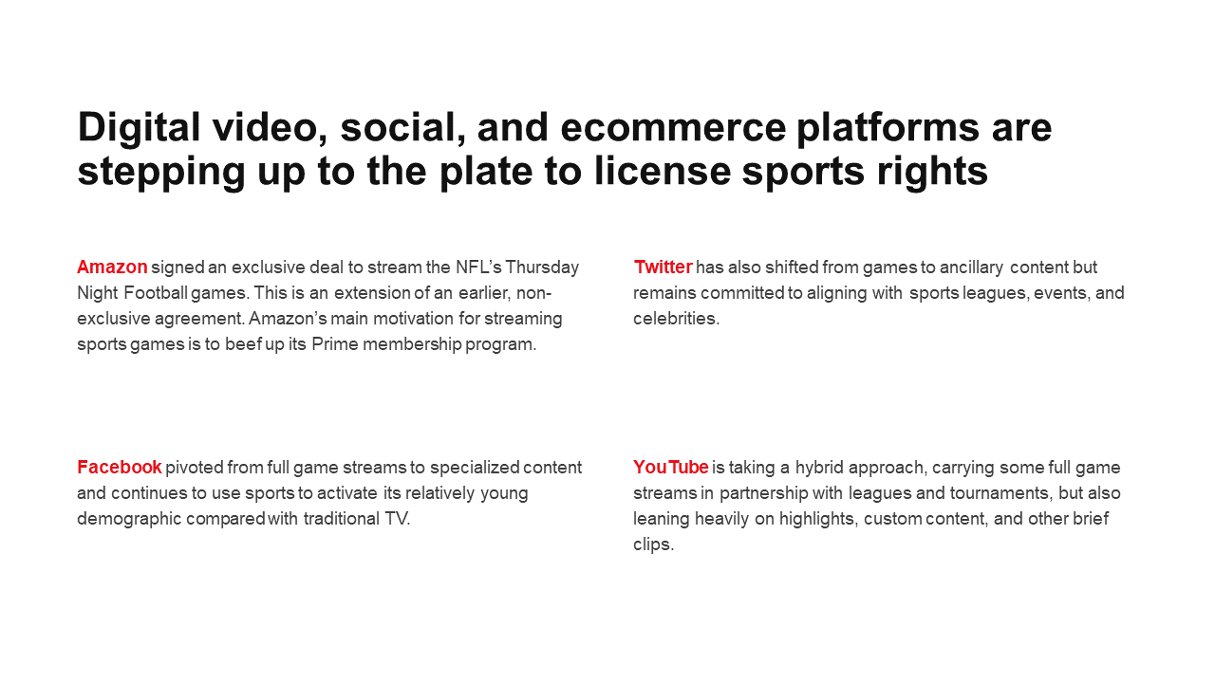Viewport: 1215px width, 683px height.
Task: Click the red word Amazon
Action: point(112,268)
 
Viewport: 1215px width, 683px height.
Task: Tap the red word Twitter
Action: point(663,268)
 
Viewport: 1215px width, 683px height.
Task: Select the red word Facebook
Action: point(120,468)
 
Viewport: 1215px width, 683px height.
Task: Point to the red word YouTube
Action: point(671,468)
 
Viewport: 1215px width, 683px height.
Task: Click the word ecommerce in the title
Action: point(673,128)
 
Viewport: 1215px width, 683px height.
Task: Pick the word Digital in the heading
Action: point(139,128)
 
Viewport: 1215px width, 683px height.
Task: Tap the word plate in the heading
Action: point(486,172)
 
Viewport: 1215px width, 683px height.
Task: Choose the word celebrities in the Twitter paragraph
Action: point(676,319)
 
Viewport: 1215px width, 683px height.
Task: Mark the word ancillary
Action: point(971,268)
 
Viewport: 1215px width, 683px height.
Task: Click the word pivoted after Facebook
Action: point(195,468)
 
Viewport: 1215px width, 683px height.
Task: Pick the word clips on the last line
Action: point(652,545)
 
